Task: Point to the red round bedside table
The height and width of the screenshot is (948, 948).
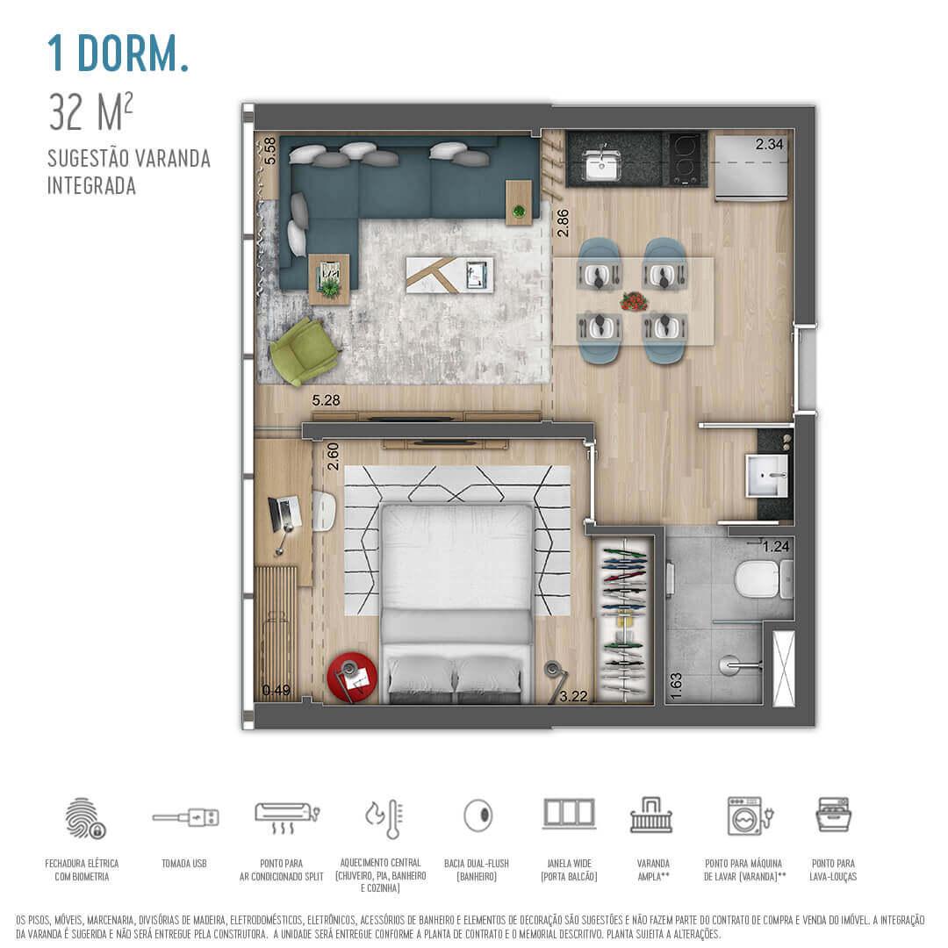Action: (352, 677)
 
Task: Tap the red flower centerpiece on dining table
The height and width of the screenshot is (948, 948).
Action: (633, 301)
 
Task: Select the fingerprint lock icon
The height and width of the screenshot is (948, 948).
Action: (84, 817)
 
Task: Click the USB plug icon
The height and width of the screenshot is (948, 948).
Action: (185, 817)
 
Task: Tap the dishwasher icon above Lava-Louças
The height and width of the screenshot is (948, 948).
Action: (833, 815)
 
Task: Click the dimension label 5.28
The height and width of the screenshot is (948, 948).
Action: (327, 401)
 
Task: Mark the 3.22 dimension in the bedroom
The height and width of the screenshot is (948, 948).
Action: (574, 697)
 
